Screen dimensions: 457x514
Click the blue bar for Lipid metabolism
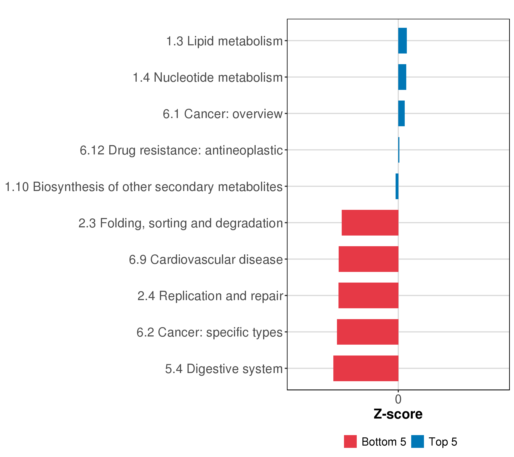(x=402, y=41)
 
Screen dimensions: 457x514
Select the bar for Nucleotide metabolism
(x=402, y=77)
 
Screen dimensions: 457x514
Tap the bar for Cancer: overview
(x=401, y=113)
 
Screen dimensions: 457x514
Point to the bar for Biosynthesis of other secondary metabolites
(x=397, y=186)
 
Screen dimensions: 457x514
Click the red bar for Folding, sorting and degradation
(x=370, y=223)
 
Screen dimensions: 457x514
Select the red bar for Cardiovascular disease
(x=368, y=259)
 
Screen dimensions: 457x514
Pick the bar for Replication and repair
(x=368, y=296)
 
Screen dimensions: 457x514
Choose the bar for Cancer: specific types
(x=368, y=332)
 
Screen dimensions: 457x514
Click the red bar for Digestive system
(x=366, y=368)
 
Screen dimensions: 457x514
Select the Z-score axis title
(x=398, y=414)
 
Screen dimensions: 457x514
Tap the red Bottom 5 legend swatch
(x=350, y=442)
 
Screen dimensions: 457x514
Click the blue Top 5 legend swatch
(x=417, y=442)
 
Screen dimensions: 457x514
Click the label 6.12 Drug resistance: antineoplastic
(x=181, y=150)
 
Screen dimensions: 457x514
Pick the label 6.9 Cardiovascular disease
(x=206, y=260)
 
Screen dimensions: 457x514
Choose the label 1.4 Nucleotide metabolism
(x=208, y=77)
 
